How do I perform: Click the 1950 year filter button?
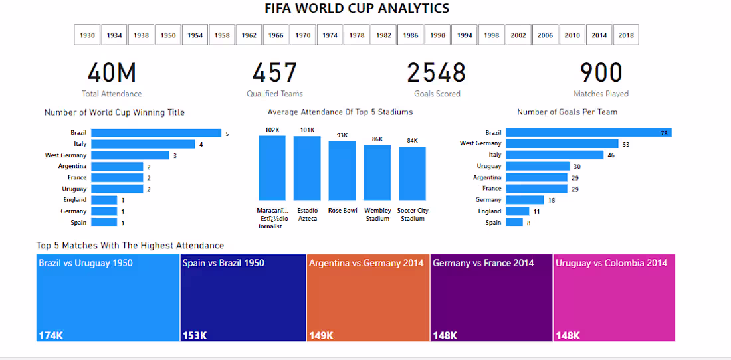(x=168, y=35)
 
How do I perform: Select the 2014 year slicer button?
(x=599, y=35)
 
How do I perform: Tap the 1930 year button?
(x=87, y=35)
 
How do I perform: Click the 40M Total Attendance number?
(x=112, y=73)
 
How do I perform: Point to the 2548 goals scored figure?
(x=437, y=73)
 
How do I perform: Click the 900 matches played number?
(x=601, y=73)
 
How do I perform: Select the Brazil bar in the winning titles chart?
(x=156, y=134)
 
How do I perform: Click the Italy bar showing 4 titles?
(x=143, y=144)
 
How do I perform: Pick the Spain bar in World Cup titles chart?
(x=104, y=223)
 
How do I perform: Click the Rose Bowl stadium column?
(x=342, y=171)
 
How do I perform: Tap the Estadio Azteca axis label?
(x=308, y=215)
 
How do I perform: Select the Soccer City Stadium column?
(x=412, y=173)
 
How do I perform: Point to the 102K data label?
(x=272, y=130)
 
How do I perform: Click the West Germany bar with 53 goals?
(x=562, y=143)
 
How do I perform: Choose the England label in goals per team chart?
(x=490, y=211)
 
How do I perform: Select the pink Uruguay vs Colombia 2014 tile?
(x=615, y=298)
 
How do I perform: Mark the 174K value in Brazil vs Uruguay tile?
(x=51, y=335)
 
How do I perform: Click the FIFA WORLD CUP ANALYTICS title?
(x=357, y=9)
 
